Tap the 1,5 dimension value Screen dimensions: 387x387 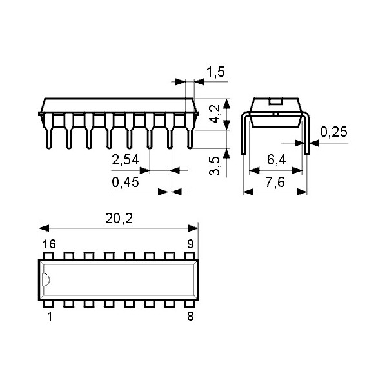215,72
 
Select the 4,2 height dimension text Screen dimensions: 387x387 219,114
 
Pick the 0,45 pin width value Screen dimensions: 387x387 125,183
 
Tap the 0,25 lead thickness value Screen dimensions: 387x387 333,132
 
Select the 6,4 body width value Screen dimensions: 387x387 276,161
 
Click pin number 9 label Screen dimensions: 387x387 190,244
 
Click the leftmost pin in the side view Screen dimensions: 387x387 48,132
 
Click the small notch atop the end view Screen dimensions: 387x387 275,101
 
